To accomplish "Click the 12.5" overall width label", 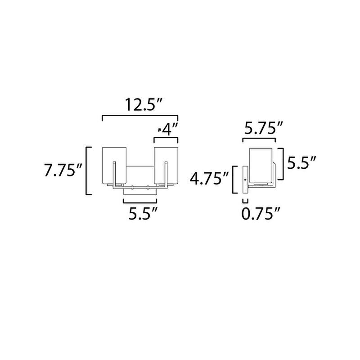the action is (144, 105).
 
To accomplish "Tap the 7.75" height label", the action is (63, 171).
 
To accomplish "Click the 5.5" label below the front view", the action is (143, 213).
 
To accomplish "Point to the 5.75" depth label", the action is (263, 128).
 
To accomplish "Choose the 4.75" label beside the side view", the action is (209, 179).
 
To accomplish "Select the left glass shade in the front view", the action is (114, 165).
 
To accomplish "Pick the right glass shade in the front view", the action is (166, 165).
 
